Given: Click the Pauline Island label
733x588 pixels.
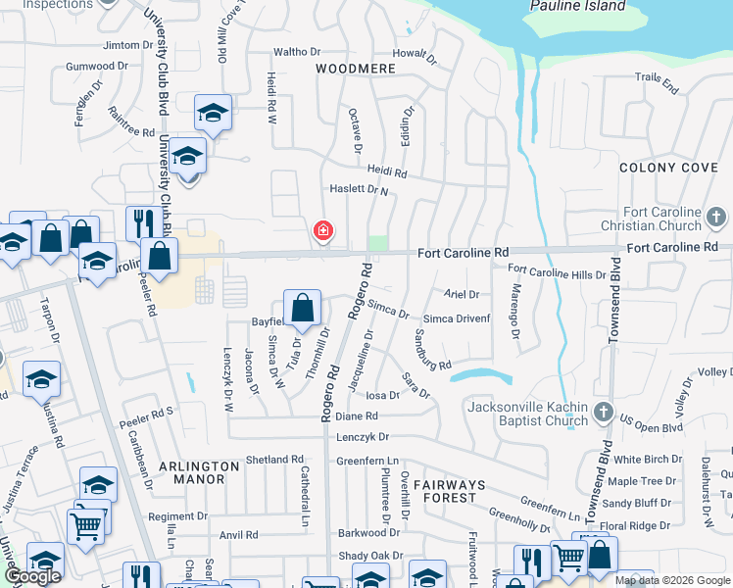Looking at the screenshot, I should pyautogui.click(x=576, y=6).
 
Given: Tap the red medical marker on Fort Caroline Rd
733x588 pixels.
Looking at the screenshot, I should pyautogui.click(x=321, y=231).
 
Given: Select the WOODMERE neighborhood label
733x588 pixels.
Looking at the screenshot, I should pyautogui.click(x=356, y=69).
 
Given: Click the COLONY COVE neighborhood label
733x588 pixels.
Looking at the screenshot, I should pyautogui.click(x=668, y=168).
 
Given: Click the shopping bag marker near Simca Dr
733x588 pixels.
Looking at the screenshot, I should pyautogui.click(x=303, y=306).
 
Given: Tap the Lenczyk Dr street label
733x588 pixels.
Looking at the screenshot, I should pyautogui.click(x=363, y=436).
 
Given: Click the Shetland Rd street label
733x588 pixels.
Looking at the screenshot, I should pyautogui.click(x=274, y=459).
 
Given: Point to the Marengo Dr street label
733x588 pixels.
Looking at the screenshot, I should pyautogui.click(x=514, y=306).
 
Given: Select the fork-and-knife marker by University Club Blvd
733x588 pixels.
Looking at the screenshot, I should pyautogui.click(x=144, y=222).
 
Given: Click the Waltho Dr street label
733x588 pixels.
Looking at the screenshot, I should pyautogui.click(x=297, y=51).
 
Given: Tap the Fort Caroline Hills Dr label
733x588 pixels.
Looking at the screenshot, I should pyautogui.click(x=557, y=274).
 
